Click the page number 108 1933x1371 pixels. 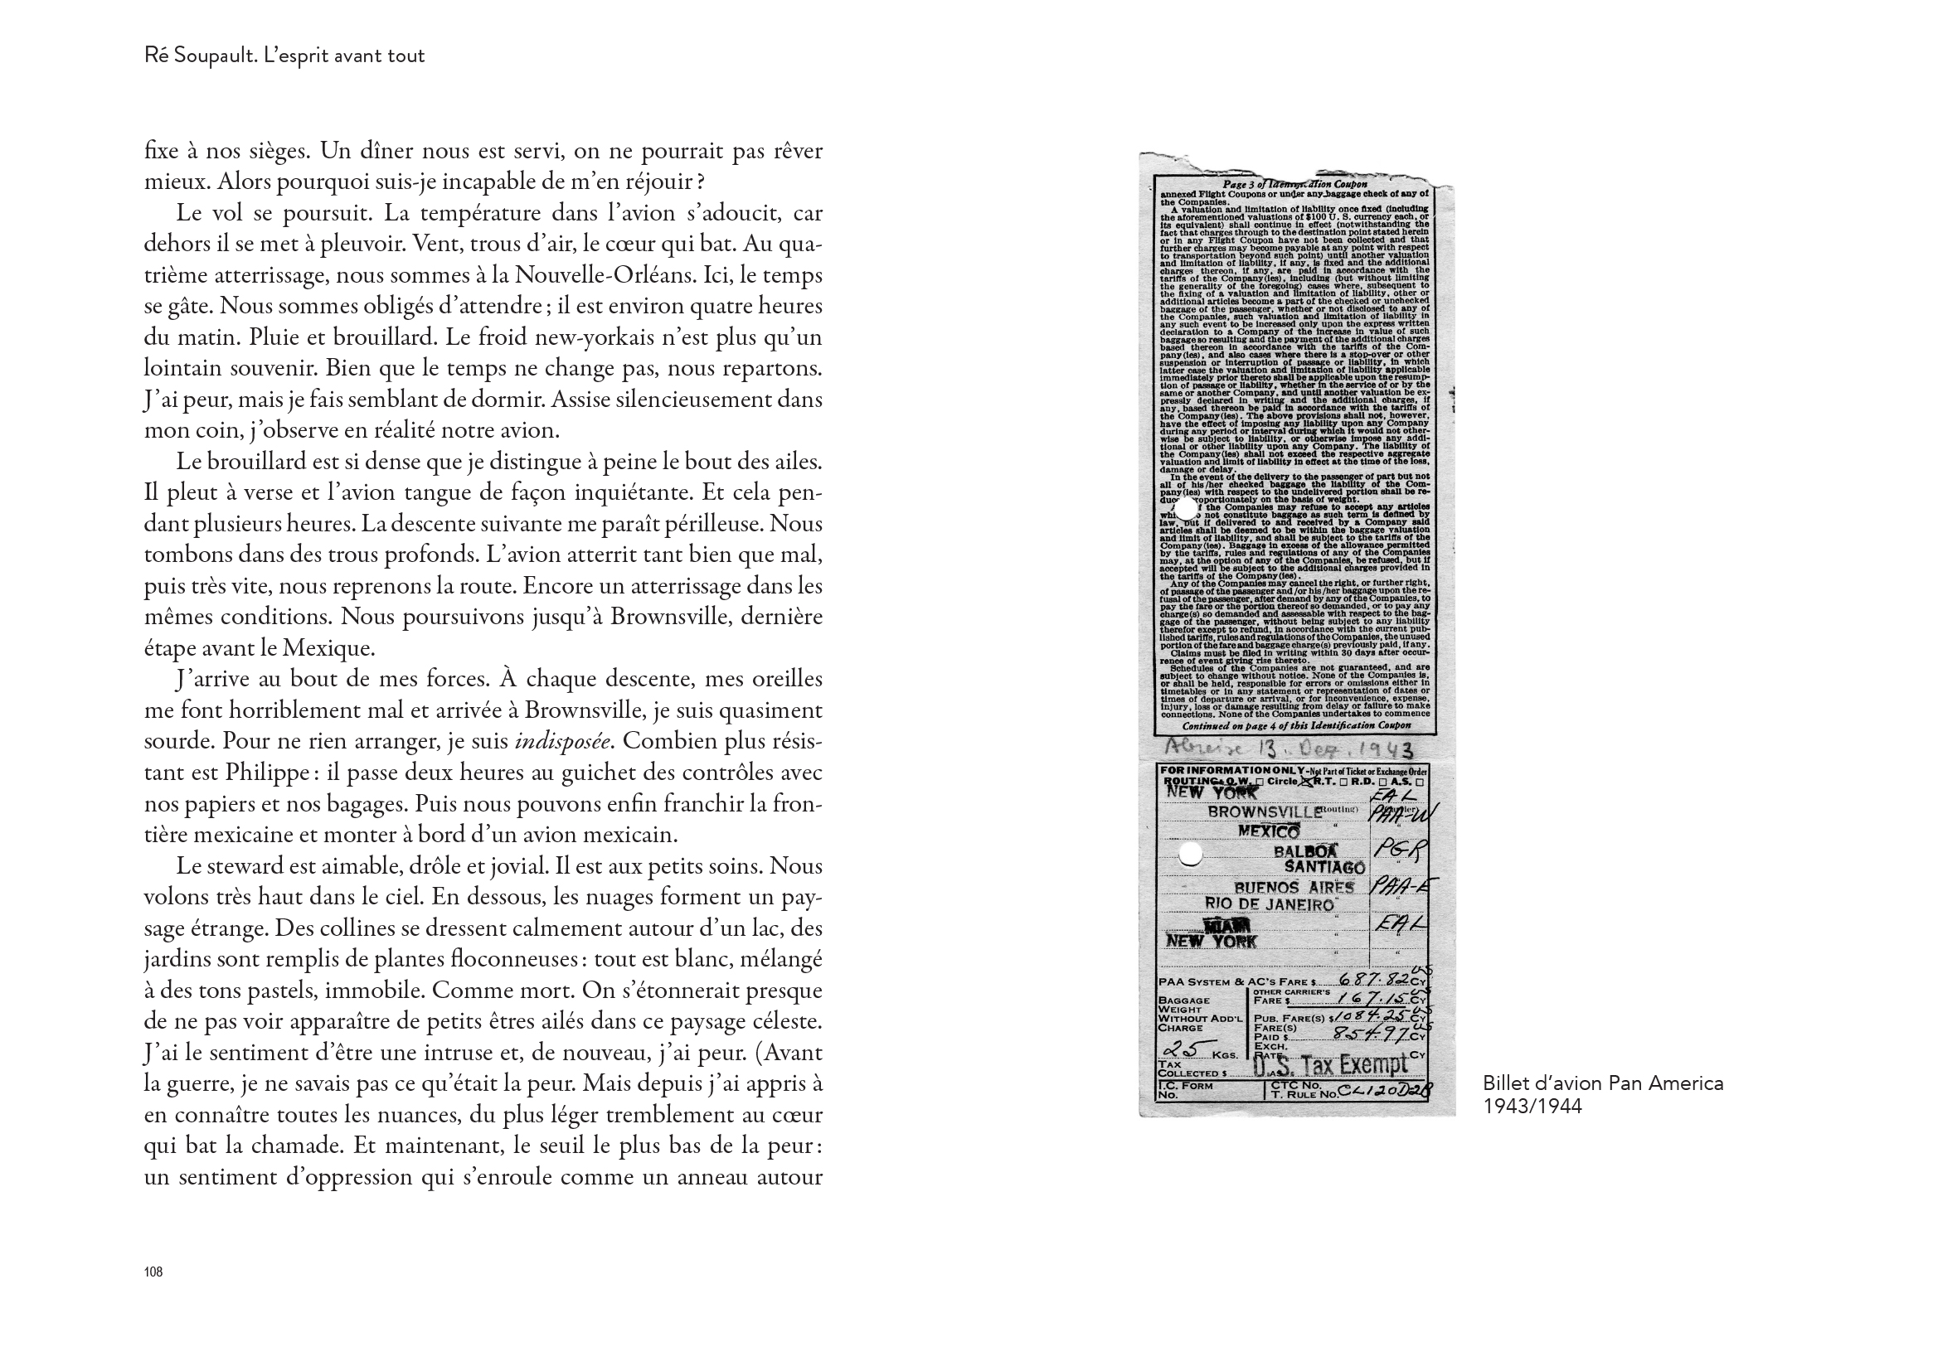(x=153, y=1272)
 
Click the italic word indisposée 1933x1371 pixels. (x=563, y=741)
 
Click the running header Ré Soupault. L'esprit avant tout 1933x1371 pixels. (x=284, y=56)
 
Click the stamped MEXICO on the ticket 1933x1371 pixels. (x=1269, y=831)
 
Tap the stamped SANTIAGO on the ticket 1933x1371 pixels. (x=1324, y=867)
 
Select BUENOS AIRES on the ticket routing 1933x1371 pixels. (x=1294, y=887)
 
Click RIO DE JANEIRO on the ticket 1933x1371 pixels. (x=1270, y=904)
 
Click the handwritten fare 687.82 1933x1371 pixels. (x=1374, y=980)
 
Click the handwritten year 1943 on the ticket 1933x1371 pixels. (x=1382, y=748)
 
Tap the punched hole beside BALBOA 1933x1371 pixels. (x=1190, y=855)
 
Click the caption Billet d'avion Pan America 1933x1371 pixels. (x=1602, y=1083)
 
